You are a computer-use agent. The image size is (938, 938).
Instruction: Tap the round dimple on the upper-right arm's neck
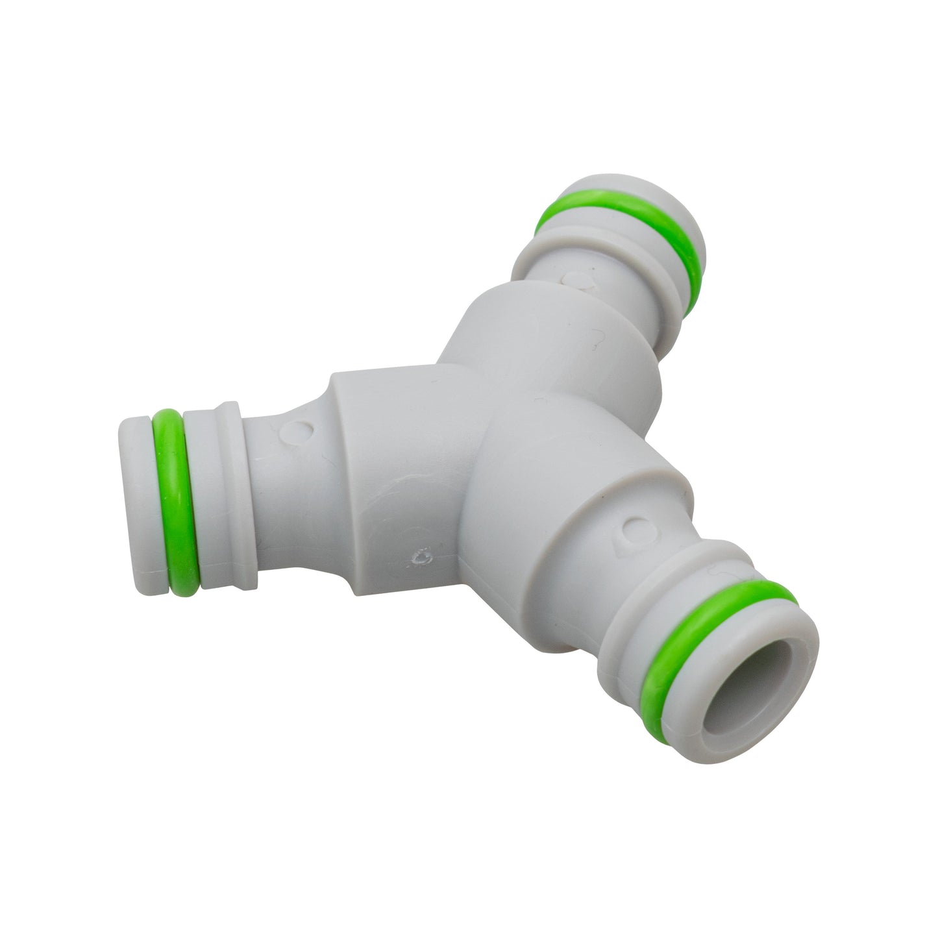tap(575, 280)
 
